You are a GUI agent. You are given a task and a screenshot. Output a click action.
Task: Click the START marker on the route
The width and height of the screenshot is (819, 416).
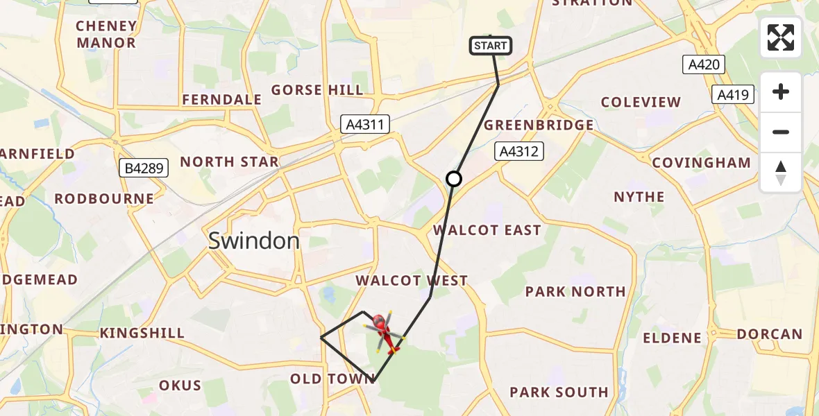coord(491,46)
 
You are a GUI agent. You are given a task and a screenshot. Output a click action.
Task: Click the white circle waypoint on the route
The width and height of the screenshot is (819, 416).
coord(453,179)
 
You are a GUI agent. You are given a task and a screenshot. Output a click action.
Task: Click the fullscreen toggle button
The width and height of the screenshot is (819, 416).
coord(781,37)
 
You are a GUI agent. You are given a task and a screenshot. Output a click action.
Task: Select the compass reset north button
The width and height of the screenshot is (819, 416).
coord(781,173)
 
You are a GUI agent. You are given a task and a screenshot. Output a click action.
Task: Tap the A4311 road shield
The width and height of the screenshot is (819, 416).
coord(365,125)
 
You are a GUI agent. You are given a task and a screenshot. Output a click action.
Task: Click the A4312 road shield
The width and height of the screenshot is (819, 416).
coord(518,151)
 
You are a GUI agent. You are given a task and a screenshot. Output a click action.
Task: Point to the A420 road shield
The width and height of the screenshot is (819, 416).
coord(703,65)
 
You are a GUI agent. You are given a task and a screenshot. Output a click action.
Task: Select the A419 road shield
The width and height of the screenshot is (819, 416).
coord(733,94)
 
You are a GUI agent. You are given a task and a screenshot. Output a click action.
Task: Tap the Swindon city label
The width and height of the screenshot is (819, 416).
coord(254,241)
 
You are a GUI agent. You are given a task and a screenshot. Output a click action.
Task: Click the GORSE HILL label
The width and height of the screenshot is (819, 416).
coord(317,90)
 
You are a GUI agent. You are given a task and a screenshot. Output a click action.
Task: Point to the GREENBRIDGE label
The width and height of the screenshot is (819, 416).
coord(539,125)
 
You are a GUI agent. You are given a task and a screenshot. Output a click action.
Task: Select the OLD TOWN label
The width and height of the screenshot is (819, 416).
coord(332,379)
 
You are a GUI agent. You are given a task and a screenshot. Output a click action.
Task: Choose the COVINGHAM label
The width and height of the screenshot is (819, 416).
coord(702,163)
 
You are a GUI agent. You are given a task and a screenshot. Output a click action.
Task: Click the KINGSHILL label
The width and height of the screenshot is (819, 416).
coord(142,333)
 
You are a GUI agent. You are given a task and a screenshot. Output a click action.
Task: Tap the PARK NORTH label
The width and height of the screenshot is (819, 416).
coord(575,292)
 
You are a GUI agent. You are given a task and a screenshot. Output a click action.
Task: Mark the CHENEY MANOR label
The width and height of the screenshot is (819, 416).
coord(106,35)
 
